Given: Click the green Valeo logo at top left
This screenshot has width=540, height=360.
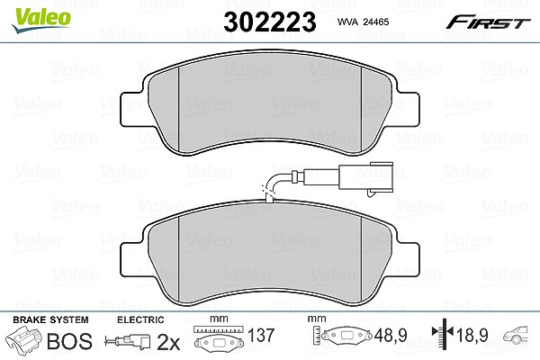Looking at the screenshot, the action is pyautogui.click(x=40, y=20).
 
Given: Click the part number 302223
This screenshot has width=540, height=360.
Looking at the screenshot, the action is pyautogui.click(x=270, y=22).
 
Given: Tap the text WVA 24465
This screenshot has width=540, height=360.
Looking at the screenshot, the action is pyautogui.click(x=363, y=22).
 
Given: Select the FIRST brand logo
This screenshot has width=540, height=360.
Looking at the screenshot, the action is pyautogui.click(x=488, y=22).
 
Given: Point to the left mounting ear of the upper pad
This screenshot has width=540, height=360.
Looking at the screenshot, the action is pyautogui.click(x=131, y=109).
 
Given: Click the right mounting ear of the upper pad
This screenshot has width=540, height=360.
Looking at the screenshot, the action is pyautogui.click(x=408, y=109).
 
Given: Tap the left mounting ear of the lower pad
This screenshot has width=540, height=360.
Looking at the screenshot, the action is pyautogui.click(x=131, y=259).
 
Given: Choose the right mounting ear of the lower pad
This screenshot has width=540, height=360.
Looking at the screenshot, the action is pyautogui.click(x=408, y=259).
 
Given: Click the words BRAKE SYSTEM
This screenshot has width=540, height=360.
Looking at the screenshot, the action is pyautogui.click(x=50, y=319).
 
